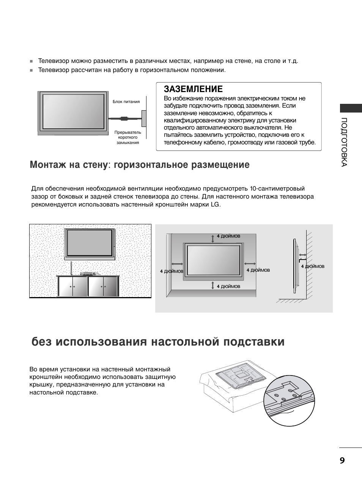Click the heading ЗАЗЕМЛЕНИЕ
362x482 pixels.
pyautogui.click(x=193, y=89)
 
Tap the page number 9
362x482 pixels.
pyautogui.click(x=342, y=460)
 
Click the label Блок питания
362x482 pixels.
pyautogui.click(x=126, y=102)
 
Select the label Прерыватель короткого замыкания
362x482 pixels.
pyautogui.click(x=128, y=138)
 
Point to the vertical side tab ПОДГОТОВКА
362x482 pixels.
pyautogui.click(x=344, y=142)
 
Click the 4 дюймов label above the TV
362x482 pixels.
pyautogui.click(x=228, y=236)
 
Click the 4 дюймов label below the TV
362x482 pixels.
pyautogui.click(x=228, y=286)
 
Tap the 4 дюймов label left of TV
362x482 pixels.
pyautogui.click(x=172, y=271)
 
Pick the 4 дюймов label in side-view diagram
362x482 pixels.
pyautogui.click(x=313, y=266)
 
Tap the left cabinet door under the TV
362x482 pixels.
pyautogui.click(x=72, y=287)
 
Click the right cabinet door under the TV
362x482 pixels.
pyautogui.click(x=103, y=287)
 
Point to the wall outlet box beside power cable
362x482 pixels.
pyautogui.click(x=144, y=119)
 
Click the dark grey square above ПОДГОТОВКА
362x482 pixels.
pyautogui.click(x=351, y=108)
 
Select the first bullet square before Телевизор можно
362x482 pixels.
pyautogui.click(x=32, y=61)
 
